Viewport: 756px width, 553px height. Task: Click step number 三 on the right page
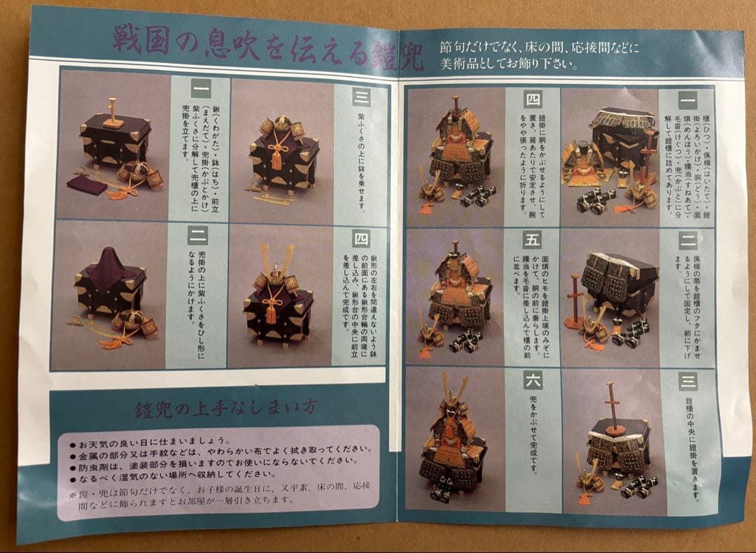click(687, 382)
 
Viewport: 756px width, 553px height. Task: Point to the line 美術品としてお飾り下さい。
click(508, 64)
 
